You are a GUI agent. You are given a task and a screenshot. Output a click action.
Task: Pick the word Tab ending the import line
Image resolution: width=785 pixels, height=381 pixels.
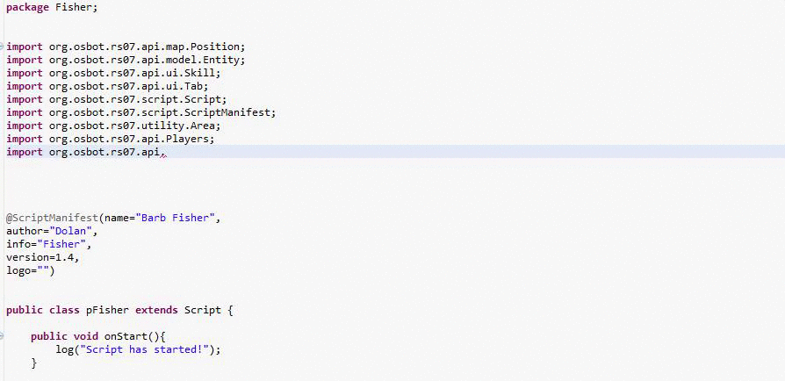pyautogui.click(x=194, y=86)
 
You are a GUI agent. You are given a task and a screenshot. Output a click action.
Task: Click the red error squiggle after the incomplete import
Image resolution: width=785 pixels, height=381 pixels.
pyautogui.click(x=163, y=155)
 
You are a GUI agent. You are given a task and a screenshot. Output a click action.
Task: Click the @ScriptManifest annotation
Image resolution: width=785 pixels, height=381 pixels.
pyautogui.click(x=52, y=219)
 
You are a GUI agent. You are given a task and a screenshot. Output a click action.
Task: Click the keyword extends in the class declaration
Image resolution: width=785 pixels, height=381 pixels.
pyautogui.click(x=156, y=310)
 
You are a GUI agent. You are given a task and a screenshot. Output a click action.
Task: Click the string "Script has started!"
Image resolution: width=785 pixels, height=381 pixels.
pyautogui.click(x=145, y=349)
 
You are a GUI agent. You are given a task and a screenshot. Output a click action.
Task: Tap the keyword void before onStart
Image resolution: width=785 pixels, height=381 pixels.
pyautogui.click(x=86, y=336)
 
